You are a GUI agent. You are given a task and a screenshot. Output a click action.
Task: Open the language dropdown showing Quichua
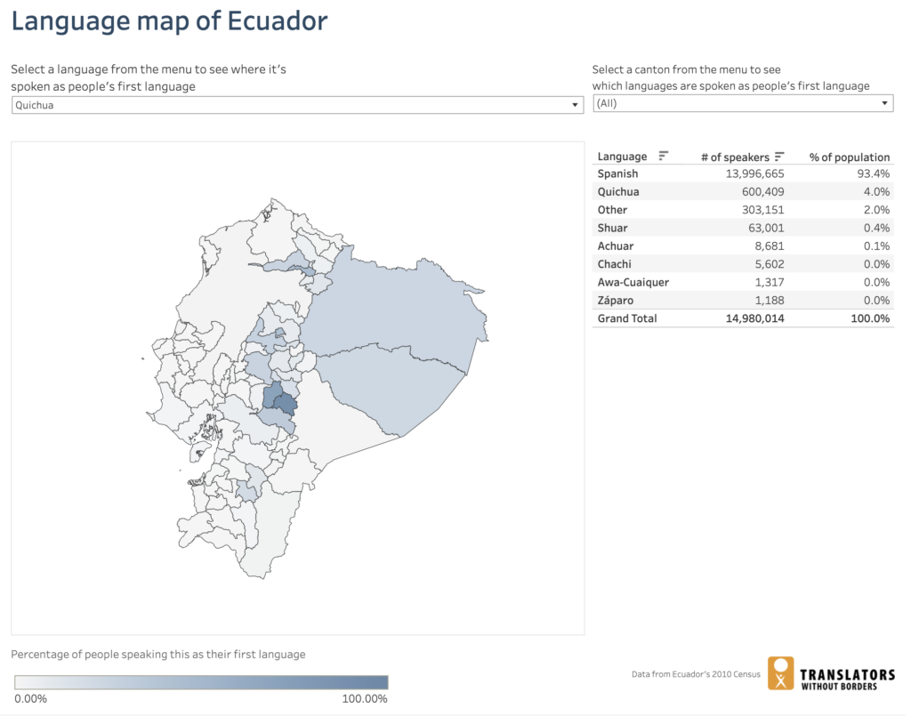(x=295, y=105)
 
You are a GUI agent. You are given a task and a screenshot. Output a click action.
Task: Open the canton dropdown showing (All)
(x=743, y=103)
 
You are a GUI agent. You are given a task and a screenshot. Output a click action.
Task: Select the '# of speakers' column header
(x=735, y=157)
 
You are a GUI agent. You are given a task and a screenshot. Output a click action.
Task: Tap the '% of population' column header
(x=849, y=157)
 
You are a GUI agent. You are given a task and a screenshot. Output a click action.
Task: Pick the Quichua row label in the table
(x=618, y=192)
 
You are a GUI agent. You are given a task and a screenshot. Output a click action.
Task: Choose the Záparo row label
(x=616, y=300)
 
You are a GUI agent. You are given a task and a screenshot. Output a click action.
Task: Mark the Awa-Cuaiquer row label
(x=633, y=282)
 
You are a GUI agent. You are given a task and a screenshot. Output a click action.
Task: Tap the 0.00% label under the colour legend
(x=31, y=699)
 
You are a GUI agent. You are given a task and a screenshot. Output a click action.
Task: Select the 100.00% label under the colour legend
(x=365, y=699)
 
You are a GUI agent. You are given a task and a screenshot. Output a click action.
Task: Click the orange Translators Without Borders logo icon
(x=781, y=673)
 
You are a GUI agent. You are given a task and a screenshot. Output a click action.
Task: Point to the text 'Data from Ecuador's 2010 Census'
(x=696, y=674)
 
